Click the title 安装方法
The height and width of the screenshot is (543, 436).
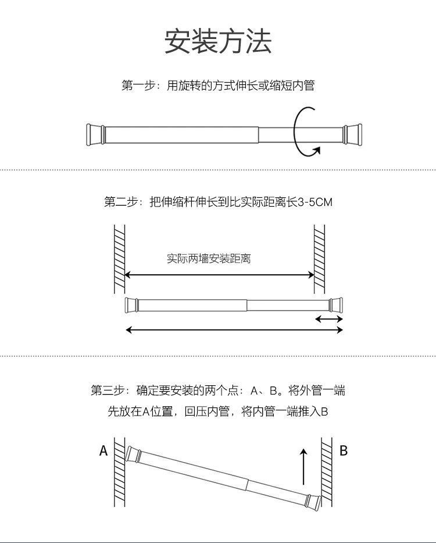point(218,41)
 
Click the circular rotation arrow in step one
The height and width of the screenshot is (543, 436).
point(306,132)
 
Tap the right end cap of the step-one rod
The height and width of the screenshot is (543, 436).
point(352,134)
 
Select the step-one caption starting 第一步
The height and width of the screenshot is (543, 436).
point(218,86)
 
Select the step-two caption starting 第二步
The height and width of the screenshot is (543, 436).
point(218,202)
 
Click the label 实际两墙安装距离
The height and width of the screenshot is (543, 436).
point(209,258)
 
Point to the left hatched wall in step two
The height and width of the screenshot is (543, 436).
point(119,259)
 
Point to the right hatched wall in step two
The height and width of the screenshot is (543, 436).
point(320,259)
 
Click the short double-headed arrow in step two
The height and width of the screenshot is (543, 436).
point(329,319)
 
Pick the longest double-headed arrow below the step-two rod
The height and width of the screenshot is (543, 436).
point(234,330)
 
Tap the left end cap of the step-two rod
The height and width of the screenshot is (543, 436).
point(132,305)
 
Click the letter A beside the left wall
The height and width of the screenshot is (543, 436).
point(103,450)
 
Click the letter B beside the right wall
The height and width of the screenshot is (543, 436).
point(344,450)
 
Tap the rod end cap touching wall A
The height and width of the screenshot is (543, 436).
point(133,454)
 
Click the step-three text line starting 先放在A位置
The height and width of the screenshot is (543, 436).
point(218,411)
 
